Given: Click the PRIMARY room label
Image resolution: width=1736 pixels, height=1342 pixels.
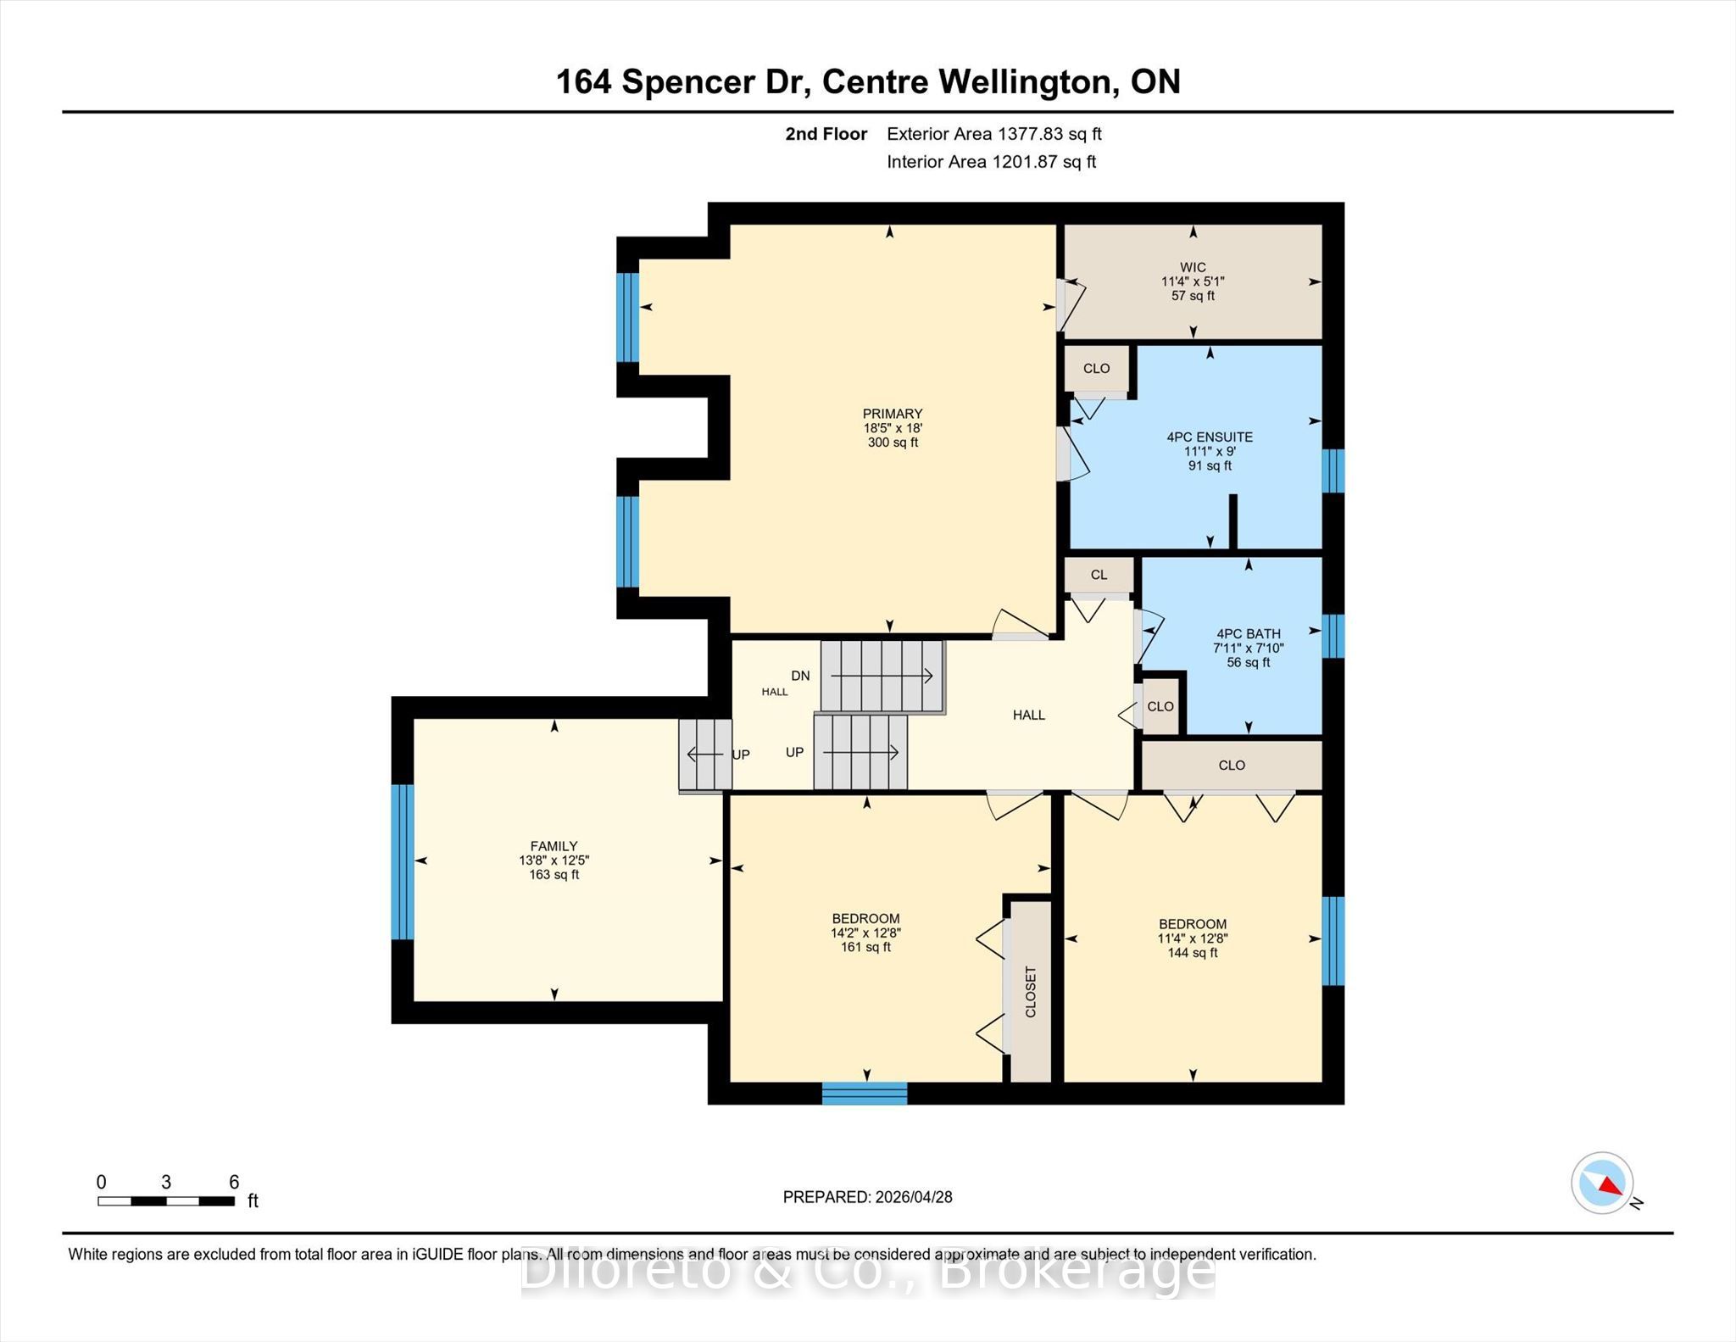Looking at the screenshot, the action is click(892, 414).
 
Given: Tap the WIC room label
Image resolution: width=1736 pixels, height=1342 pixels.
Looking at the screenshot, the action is click(1193, 267).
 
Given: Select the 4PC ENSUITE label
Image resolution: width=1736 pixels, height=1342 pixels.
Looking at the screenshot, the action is click(1210, 437).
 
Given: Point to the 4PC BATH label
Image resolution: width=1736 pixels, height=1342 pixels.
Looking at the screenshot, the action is click(1248, 634).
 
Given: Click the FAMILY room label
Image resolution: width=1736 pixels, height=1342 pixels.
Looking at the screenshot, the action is click(554, 846).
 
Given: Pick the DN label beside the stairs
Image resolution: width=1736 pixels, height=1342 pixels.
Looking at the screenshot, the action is click(800, 676).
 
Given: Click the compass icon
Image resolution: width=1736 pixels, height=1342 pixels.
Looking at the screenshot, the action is click(1602, 1183).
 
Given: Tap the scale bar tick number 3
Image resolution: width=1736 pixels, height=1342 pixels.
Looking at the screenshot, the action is click(166, 1182).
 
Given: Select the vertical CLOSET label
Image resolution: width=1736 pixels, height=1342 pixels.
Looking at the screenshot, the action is click(1031, 991).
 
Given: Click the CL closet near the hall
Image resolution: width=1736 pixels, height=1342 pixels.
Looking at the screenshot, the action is click(1099, 575).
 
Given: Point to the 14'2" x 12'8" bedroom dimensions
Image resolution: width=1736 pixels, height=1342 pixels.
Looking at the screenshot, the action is click(865, 933).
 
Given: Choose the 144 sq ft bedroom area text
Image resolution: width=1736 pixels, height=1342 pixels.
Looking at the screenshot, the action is click(1193, 953).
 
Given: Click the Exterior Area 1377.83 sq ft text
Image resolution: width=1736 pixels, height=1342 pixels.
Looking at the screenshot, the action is click(994, 134).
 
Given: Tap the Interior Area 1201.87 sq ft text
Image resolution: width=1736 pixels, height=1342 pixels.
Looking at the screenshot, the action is click(992, 162).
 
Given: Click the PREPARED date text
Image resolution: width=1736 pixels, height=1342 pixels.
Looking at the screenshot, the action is click(868, 1197).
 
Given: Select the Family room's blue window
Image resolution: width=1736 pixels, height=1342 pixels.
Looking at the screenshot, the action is click(403, 862).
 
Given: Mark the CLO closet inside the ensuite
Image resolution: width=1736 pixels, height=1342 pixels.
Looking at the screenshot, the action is click(1096, 369).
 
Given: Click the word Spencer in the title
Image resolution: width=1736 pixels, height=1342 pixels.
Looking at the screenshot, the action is click(687, 82).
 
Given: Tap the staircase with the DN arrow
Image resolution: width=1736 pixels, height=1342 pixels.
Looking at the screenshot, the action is click(882, 676).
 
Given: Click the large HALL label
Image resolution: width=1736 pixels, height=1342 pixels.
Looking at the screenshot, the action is click(1029, 716).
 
